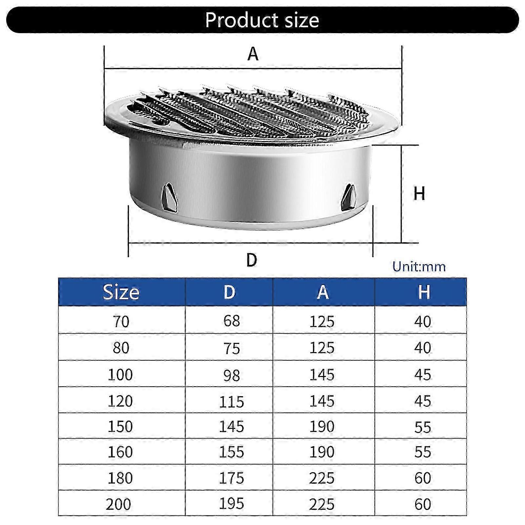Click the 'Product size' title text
(x=262, y=20)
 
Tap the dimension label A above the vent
(x=253, y=54)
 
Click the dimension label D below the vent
(x=252, y=260)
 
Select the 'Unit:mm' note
(x=419, y=266)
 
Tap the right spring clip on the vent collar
(x=348, y=197)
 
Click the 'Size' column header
(x=121, y=292)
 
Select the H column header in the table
(x=424, y=292)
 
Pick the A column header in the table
(x=323, y=292)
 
